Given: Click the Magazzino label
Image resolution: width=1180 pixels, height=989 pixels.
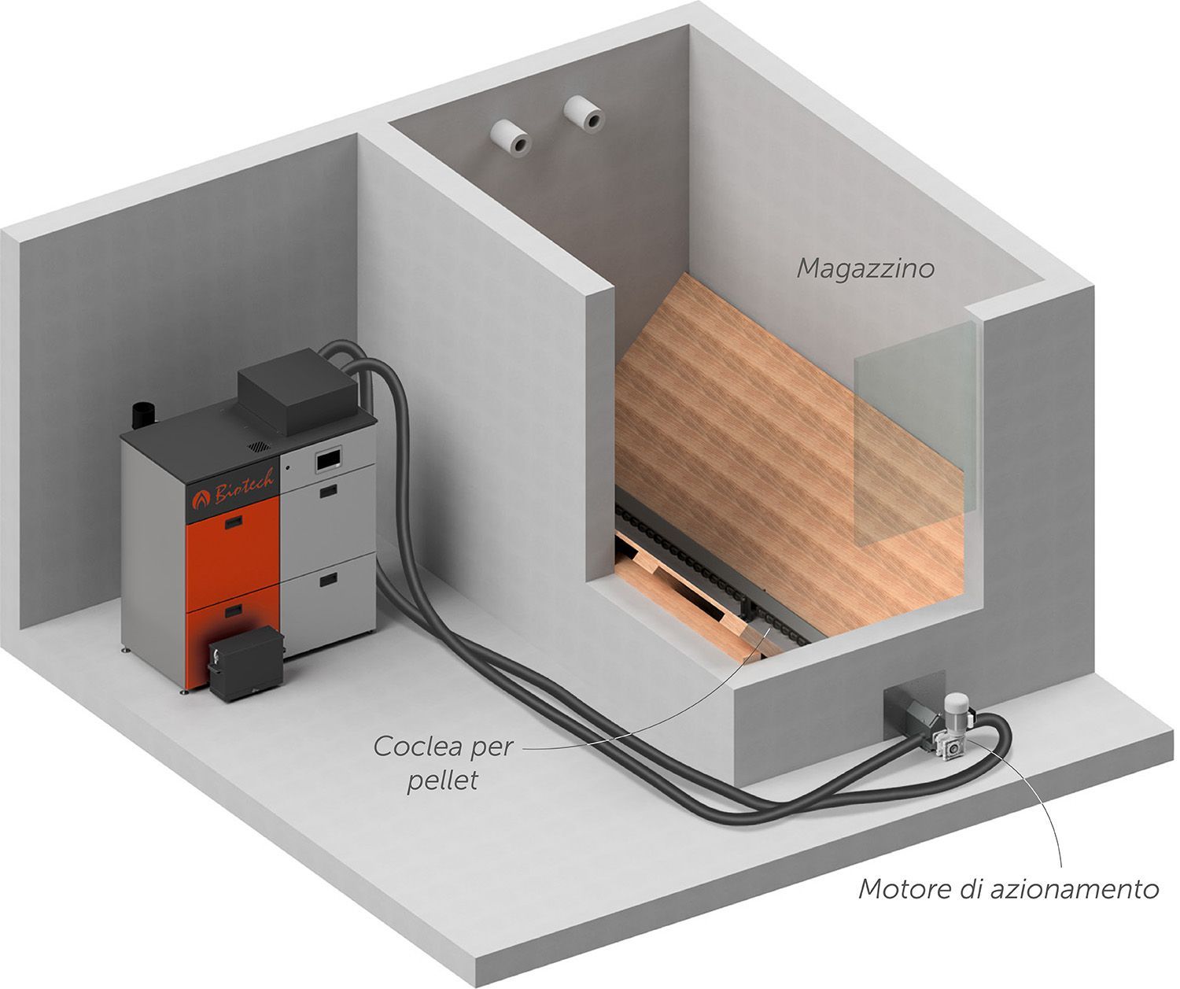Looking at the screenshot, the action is tap(865, 268).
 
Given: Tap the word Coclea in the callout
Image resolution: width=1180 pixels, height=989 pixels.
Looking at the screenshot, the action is tap(416, 747).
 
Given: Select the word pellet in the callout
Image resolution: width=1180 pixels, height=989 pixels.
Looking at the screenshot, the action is tap(442, 781).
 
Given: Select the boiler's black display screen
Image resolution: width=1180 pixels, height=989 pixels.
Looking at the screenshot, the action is tap(329, 459).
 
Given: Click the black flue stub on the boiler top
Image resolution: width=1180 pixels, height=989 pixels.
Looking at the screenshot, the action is tap(143, 415).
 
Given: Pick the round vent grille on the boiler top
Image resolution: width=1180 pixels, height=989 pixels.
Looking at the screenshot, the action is tap(259, 446).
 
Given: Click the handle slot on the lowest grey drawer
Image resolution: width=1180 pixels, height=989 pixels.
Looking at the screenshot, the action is tap(328, 580).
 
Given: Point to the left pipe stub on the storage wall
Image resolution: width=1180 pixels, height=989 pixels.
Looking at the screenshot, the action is tap(511, 138).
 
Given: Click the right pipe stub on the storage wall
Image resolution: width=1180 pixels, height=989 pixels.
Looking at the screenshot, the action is tap(584, 114).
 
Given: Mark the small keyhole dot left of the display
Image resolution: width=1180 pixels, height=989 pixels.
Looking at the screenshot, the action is tap(288, 467).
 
